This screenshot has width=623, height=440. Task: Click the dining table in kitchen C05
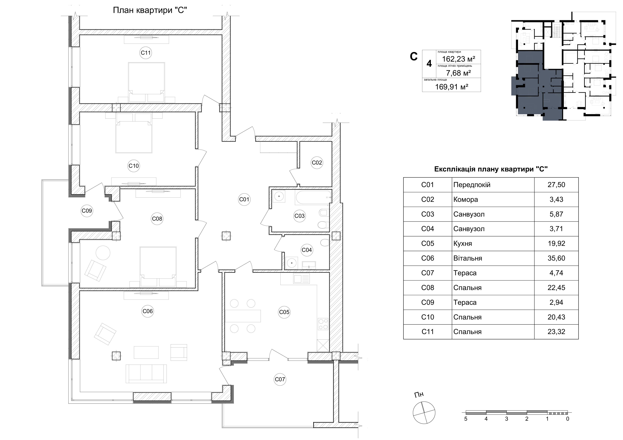tap(243, 316)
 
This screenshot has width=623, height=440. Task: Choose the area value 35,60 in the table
tap(556, 258)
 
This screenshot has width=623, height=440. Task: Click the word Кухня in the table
tap(463, 244)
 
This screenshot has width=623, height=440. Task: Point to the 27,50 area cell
tap(556, 185)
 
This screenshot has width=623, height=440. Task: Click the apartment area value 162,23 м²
tap(459, 59)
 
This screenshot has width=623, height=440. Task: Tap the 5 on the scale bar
tap(466, 419)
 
